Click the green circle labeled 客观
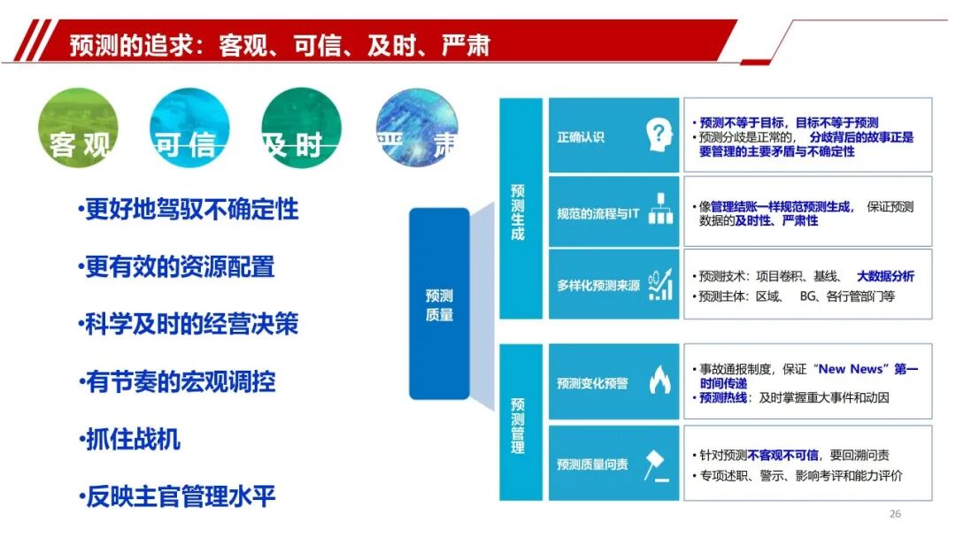[x=77, y=127]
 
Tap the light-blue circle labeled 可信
[x=189, y=127]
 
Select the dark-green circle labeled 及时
[x=301, y=127]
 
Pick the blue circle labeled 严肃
[x=417, y=127]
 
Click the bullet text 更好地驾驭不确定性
[x=189, y=209]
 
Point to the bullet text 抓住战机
[x=129, y=439]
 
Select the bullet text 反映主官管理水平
[x=177, y=496]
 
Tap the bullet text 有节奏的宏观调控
[x=177, y=382]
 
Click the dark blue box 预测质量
[x=439, y=304]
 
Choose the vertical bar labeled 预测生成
[x=520, y=208]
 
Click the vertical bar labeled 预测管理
[x=520, y=422]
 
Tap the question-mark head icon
[x=659, y=135]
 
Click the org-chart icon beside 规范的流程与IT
[x=660, y=209]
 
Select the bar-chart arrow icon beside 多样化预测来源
[x=660, y=284]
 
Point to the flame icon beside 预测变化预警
[x=659, y=380]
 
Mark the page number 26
[x=895, y=514]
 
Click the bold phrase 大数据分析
[x=885, y=277]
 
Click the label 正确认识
[x=581, y=137]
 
